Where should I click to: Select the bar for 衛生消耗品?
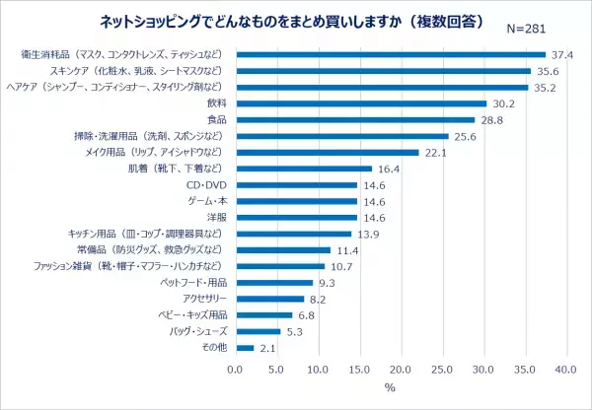click(390, 54)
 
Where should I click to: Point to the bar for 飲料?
click(360, 103)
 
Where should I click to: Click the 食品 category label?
click(217, 119)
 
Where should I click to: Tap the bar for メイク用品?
click(327, 152)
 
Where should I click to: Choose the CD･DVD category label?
click(207, 184)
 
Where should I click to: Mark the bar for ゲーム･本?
click(295, 201)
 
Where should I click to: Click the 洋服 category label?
click(217, 217)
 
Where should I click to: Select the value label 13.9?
click(368, 234)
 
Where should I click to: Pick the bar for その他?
click(244, 348)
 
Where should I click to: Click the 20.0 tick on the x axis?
click(400, 369)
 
